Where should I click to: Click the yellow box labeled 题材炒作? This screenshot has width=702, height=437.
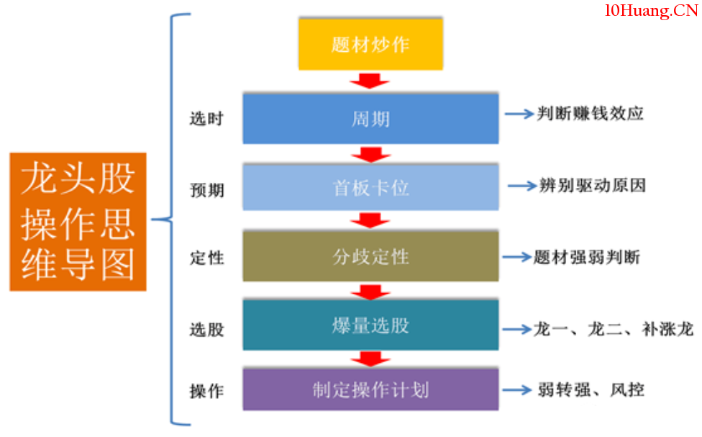pyautogui.click(x=370, y=45)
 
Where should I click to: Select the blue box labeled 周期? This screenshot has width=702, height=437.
pyautogui.click(x=370, y=118)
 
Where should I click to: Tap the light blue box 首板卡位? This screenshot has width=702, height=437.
pyautogui.click(x=370, y=187)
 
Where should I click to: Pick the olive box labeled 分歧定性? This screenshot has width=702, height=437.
pyautogui.click(x=370, y=256)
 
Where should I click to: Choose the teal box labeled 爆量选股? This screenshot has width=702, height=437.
pyautogui.click(x=370, y=325)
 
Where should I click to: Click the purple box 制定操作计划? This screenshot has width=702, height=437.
pyautogui.click(x=370, y=389)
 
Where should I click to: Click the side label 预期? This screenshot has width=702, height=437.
pyautogui.click(x=206, y=190)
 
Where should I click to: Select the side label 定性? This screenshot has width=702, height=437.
pyautogui.click(x=206, y=258)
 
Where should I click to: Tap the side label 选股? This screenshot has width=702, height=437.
pyautogui.click(x=206, y=330)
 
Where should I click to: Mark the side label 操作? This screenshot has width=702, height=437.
pyautogui.click(x=206, y=391)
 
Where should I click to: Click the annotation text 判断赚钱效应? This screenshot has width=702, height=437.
pyautogui.click(x=590, y=114)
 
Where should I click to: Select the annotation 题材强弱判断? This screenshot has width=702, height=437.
pyautogui.click(x=586, y=257)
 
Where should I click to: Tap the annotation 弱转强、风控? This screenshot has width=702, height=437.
pyautogui.click(x=591, y=389)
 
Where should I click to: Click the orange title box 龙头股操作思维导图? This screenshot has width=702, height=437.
pyautogui.click(x=78, y=221)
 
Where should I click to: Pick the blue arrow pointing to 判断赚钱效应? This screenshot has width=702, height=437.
pyautogui.click(x=518, y=114)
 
